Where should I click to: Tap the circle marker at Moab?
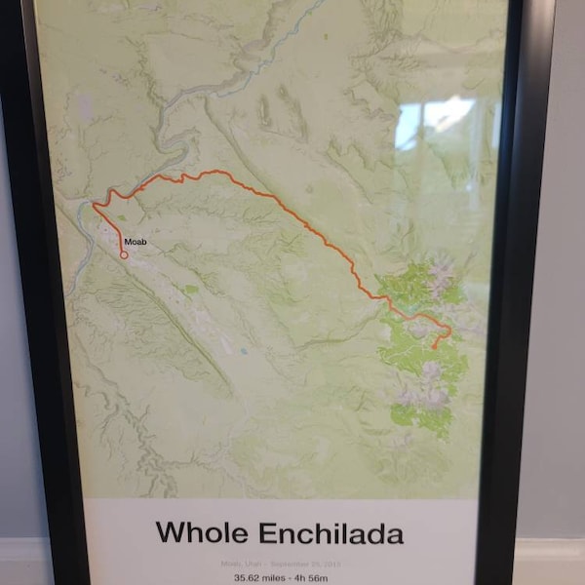click(x=124, y=254)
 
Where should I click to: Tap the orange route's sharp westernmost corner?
click(x=94, y=205)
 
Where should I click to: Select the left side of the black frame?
click(x=39, y=292)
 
